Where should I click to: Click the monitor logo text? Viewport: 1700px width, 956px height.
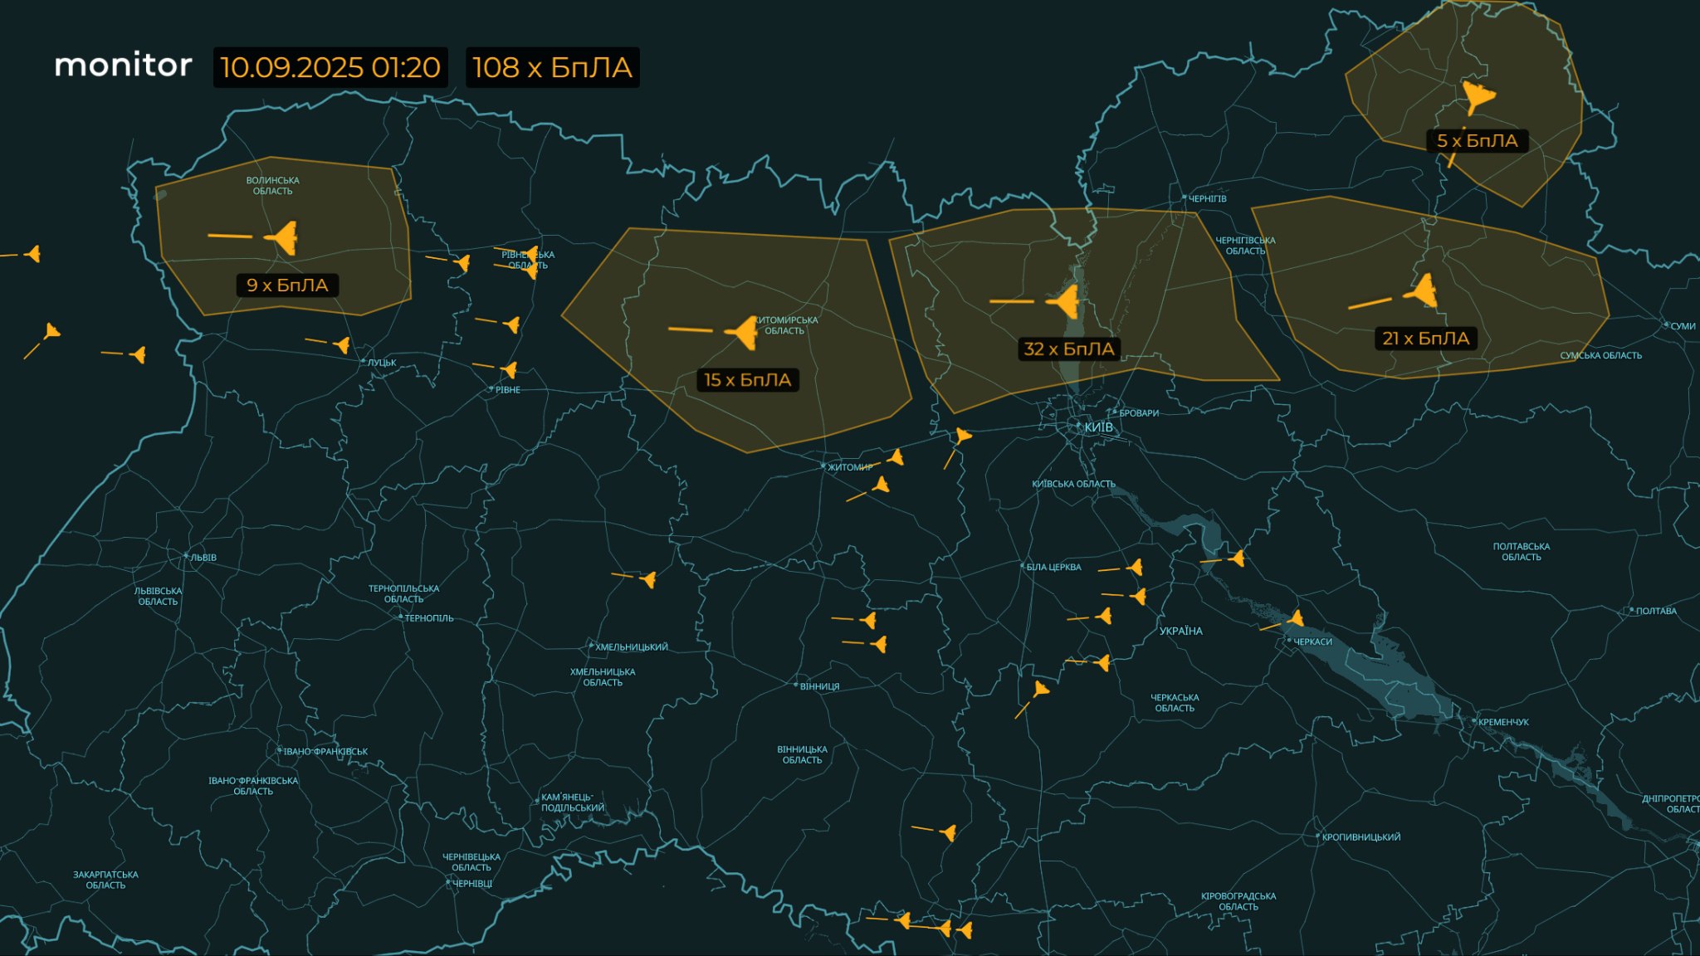tap(123, 66)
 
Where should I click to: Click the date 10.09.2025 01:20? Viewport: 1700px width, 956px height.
tap(330, 67)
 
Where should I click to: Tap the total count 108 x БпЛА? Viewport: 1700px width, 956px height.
tap(552, 67)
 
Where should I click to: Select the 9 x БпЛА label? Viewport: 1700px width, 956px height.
tap(287, 285)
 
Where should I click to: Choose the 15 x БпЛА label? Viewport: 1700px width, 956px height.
tap(747, 380)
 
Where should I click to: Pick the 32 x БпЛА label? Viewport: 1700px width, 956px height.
tap(1068, 349)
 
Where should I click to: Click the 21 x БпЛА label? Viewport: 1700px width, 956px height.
tap(1425, 339)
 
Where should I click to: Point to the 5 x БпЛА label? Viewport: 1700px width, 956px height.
tap(1477, 141)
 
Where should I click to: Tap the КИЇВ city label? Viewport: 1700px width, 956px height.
tap(1098, 427)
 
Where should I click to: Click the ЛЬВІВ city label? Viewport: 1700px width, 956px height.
tap(203, 558)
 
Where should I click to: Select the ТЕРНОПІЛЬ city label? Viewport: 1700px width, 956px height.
tap(428, 618)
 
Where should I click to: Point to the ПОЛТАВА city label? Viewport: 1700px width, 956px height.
tap(1655, 611)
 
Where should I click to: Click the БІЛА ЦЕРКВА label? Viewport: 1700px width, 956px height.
tap(1053, 568)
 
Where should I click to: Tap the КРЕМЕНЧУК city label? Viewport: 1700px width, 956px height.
tap(1502, 722)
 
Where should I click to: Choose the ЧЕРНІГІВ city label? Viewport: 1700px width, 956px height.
tap(1207, 199)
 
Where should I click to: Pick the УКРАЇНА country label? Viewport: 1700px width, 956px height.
tap(1180, 632)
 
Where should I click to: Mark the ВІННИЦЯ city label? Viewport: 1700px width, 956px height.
tap(819, 687)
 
